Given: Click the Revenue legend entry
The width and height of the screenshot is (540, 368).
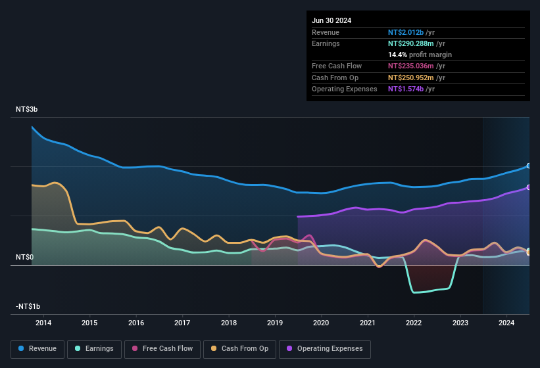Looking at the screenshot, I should pyautogui.click(x=38, y=349).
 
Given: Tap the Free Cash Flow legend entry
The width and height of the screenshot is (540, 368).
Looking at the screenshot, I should pyautogui.click(x=162, y=349).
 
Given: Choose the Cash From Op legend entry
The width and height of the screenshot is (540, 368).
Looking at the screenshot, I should pyautogui.click(x=239, y=349).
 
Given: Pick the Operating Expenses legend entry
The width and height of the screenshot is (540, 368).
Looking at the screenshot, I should pyautogui.click(x=324, y=349).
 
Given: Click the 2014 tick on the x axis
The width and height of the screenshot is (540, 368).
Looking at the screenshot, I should pyautogui.click(x=43, y=323).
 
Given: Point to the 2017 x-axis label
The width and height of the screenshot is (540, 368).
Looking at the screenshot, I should pyautogui.click(x=182, y=323).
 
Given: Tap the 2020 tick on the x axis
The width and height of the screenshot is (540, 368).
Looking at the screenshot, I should pyautogui.click(x=321, y=323).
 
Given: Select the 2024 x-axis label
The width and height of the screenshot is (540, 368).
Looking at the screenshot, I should pyautogui.click(x=506, y=323).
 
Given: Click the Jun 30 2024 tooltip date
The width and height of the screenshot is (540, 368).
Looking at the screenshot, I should pyautogui.click(x=331, y=20).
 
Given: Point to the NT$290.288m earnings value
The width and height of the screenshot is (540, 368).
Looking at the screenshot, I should pyautogui.click(x=410, y=43).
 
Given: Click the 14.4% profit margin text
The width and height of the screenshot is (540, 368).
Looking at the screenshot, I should pyautogui.click(x=420, y=55).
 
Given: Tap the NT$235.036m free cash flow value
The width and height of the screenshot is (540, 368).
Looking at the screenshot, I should pyautogui.click(x=410, y=66).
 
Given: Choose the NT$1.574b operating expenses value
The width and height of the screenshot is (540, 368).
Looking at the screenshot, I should pyautogui.click(x=406, y=89).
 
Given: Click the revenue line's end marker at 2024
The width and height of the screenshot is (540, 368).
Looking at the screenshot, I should pyautogui.click(x=529, y=166).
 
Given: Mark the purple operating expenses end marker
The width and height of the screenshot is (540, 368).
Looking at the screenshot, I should pyautogui.click(x=529, y=188).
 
